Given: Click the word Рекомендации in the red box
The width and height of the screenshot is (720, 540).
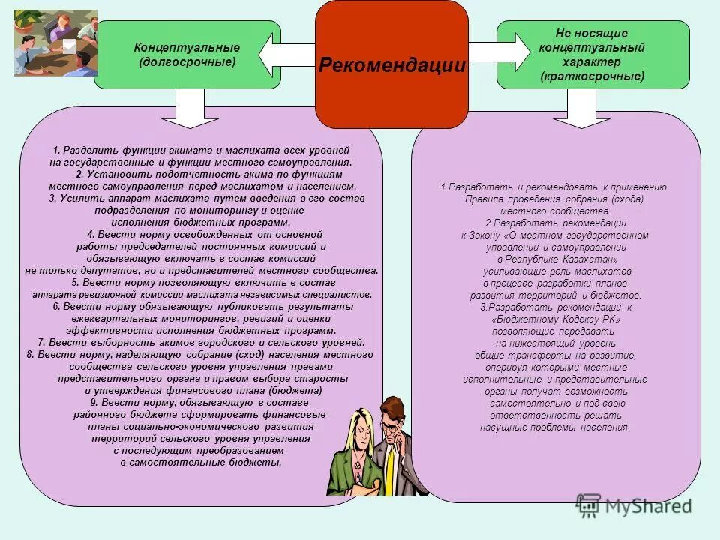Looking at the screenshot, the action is click(391, 65).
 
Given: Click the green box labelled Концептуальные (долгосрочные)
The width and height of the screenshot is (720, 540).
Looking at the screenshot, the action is click(187, 55).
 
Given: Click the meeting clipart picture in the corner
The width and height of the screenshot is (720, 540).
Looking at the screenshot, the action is click(56, 43).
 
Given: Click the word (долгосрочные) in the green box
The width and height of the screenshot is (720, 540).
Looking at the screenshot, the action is click(187, 61).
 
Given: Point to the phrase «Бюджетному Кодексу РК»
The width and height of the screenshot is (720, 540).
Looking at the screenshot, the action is click(555, 319).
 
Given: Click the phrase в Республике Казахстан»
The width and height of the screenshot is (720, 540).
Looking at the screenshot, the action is click(555, 259).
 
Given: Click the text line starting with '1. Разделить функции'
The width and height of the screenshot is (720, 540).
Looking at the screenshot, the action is click(201, 151).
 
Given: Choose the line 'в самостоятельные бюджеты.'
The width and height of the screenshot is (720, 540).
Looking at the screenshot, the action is click(201, 463).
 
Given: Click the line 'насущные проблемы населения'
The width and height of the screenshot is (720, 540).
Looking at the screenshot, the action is click(555, 427).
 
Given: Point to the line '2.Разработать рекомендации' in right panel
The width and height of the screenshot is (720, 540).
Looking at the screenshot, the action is click(555, 223).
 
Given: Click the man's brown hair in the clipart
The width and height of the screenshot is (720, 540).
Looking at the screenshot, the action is click(392, 407).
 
